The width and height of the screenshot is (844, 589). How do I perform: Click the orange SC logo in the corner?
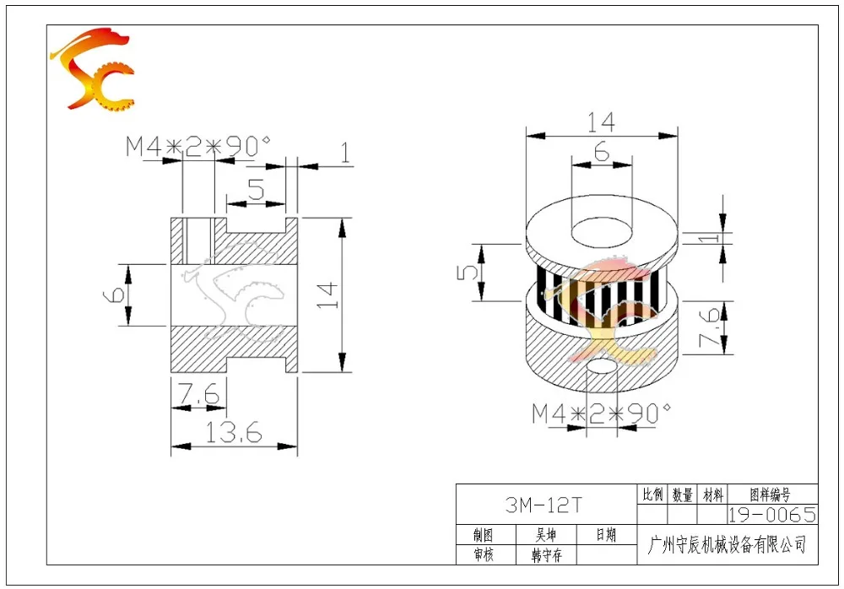tap(93, 69)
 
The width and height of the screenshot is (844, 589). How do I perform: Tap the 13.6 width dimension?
tap(233, 432)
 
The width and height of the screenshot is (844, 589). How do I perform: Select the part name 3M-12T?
tap(544, 505)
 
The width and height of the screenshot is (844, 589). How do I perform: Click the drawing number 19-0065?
tap(772, 515)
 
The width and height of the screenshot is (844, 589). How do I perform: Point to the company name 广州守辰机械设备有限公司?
tap(728, 545)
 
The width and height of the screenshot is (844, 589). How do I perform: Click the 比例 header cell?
tap(652, 494)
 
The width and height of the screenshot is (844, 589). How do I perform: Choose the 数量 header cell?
tap(683, 494)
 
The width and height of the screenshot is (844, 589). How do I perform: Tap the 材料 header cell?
tap(712, 494)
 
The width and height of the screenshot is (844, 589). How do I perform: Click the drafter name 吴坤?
tap(545, 535)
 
